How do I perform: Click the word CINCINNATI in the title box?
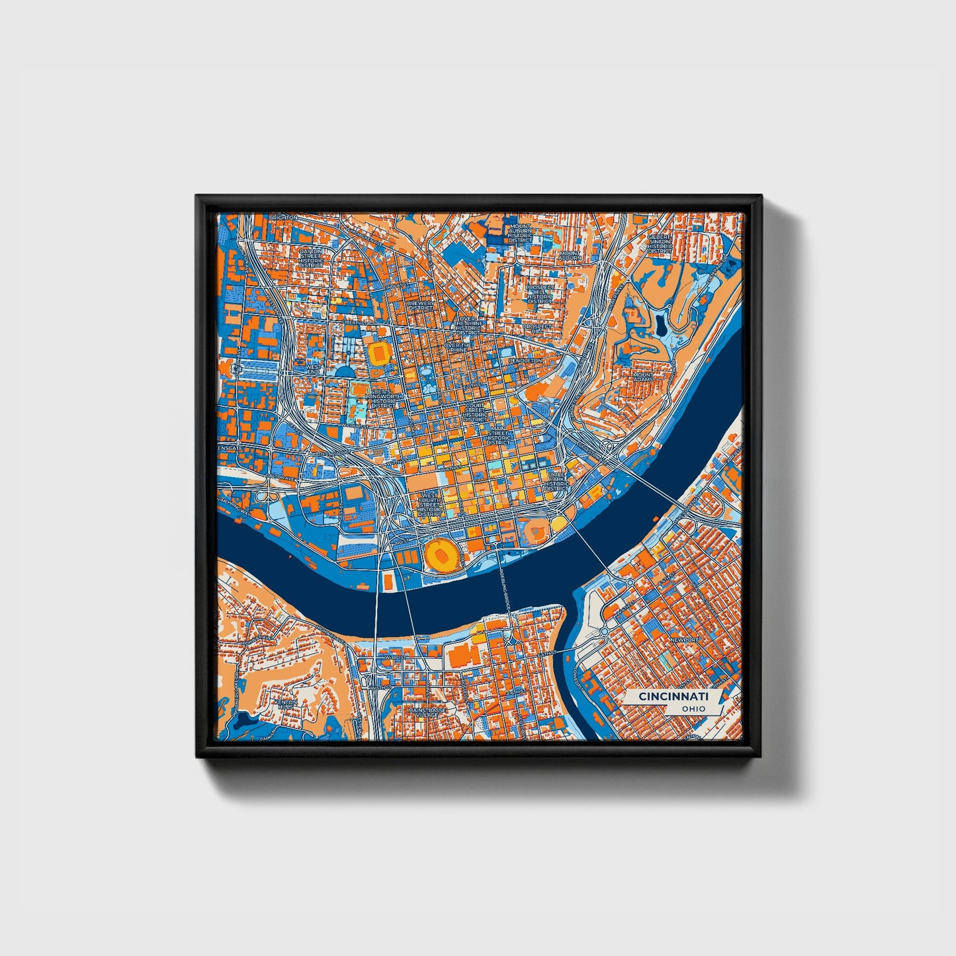(673, 697)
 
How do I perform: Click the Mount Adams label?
(643, 378)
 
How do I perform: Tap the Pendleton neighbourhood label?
(525, 361)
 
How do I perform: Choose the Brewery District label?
(421, 305)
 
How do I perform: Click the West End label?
(313, 369)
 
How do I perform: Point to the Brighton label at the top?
(283, 217)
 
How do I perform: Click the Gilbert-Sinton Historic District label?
(659, 243)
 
